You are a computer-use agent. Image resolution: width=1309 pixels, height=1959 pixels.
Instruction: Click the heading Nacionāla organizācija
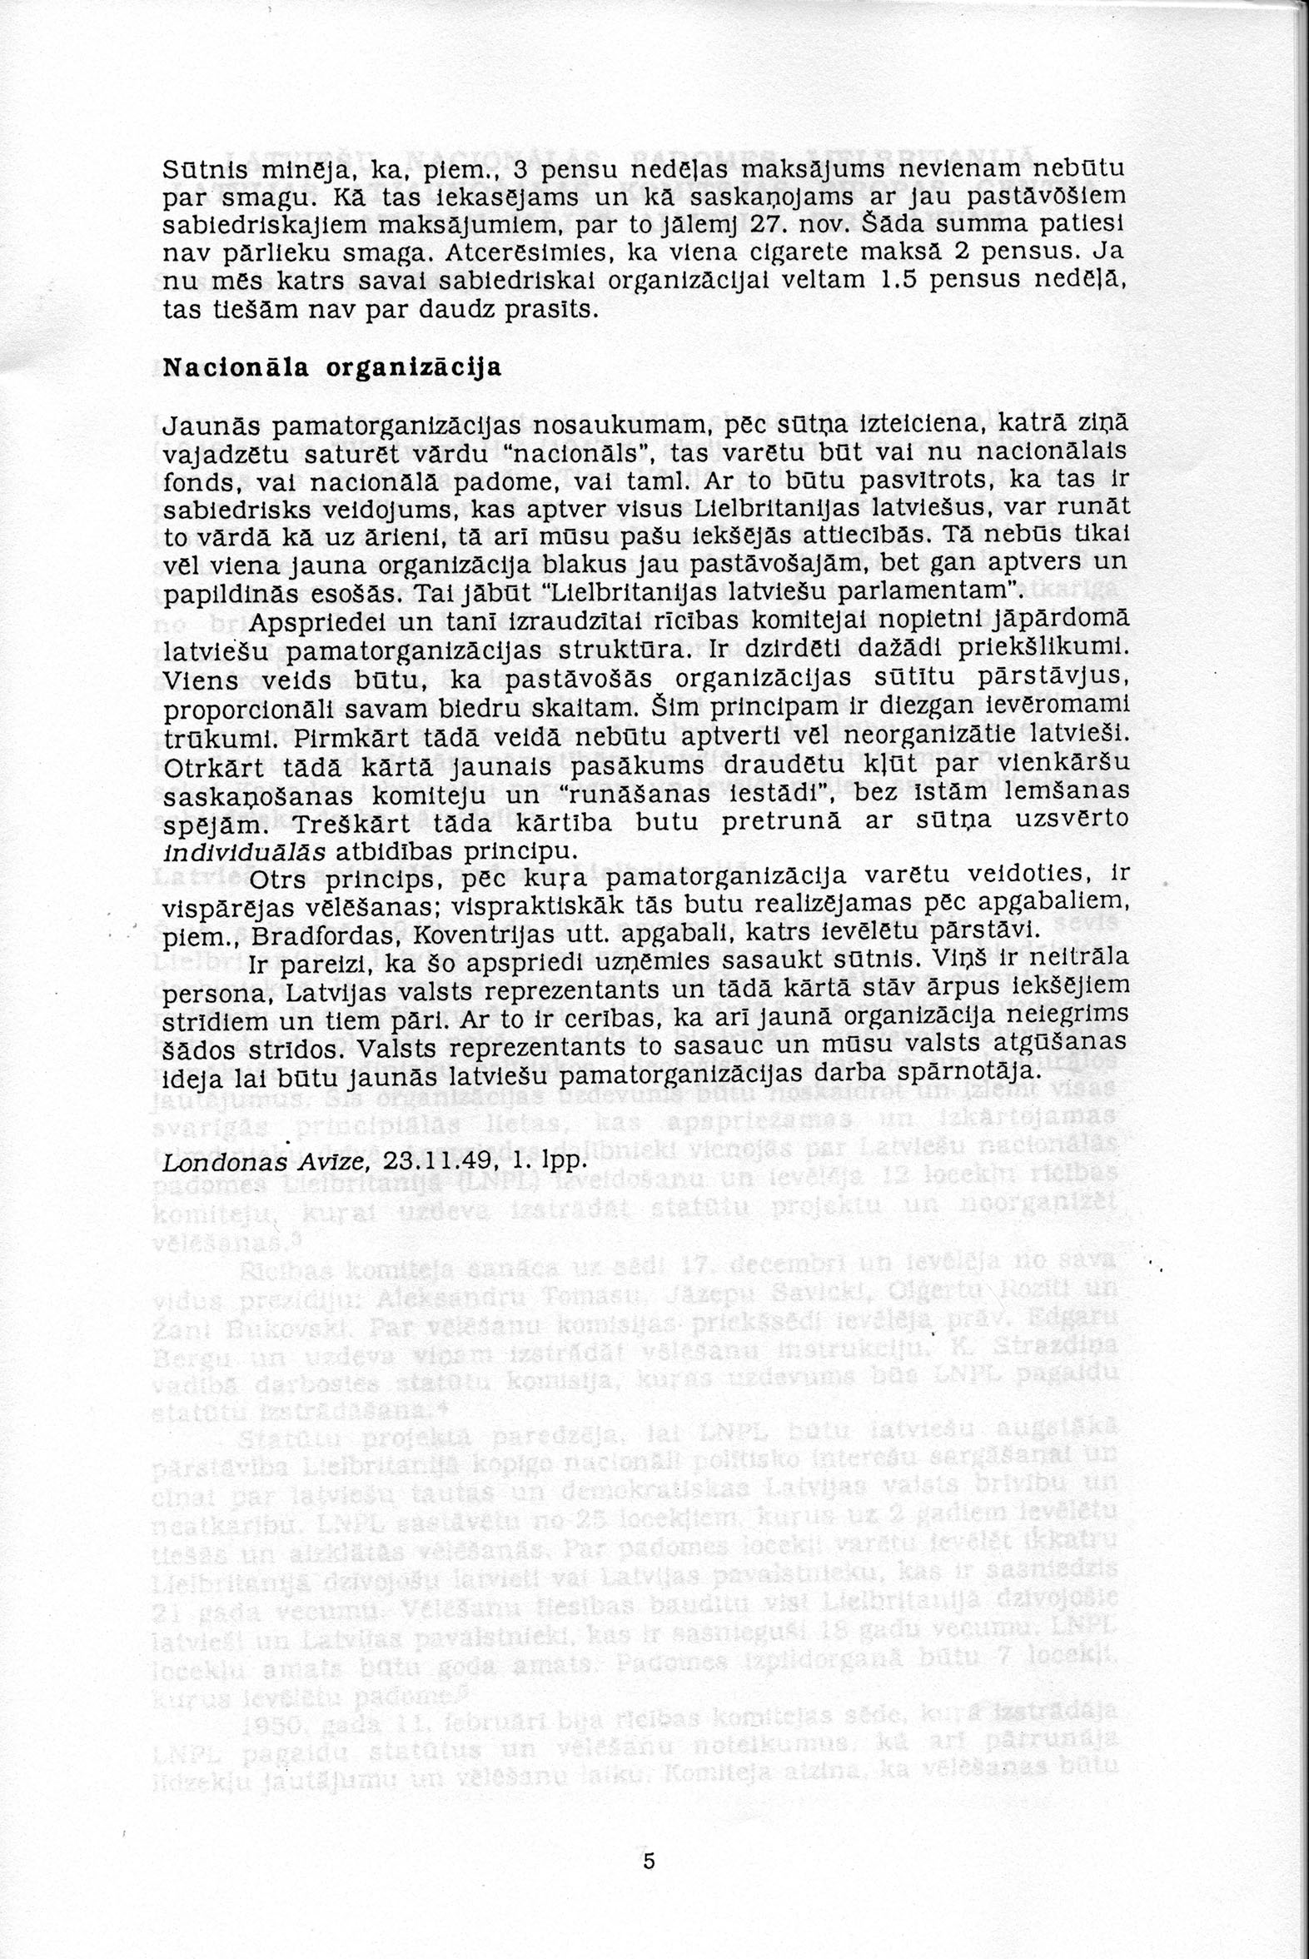coord(331,367)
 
